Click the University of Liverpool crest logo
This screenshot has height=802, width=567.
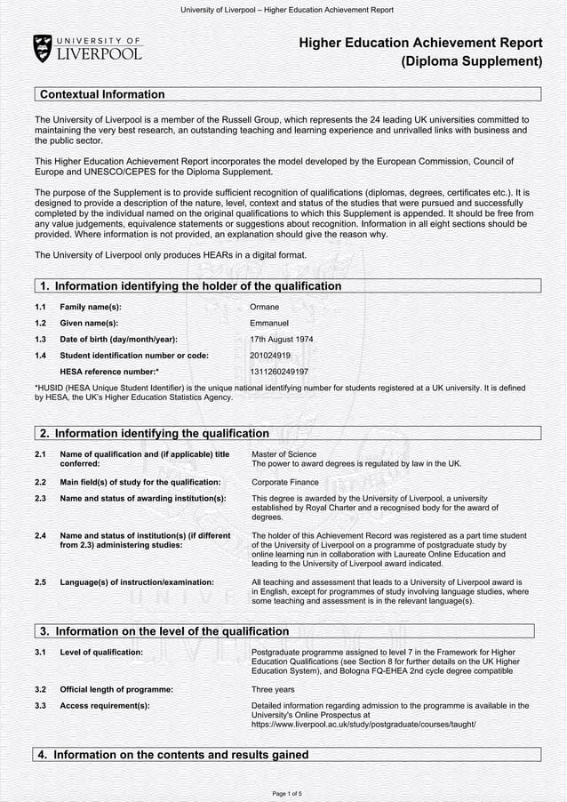coord(43,48)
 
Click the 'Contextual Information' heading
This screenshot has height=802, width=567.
coord(102,94)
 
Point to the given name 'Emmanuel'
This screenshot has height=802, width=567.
coord(269,323)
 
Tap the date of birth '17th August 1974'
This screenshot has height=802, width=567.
coord(282,340)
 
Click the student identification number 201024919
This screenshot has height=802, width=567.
coord(271,356)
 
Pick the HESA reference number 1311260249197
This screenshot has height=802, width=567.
coord(279,372)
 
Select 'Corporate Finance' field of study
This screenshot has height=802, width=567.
coord(284,482)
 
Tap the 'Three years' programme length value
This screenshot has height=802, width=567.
coord(274,689)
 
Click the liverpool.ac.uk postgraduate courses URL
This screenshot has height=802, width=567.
coord(363,725)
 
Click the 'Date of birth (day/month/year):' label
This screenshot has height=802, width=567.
coord(118,340)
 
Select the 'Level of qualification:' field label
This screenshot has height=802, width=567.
coord(101,653)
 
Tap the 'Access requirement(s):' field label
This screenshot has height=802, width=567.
coord(105,706)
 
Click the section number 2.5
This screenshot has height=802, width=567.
coord(40,582)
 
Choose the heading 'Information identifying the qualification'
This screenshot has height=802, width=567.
coord(162,434)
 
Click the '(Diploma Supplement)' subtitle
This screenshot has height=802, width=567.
coord(471,61)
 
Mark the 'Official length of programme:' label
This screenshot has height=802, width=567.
coord(116,689)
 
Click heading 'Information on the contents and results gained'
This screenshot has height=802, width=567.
coord(180,755)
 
